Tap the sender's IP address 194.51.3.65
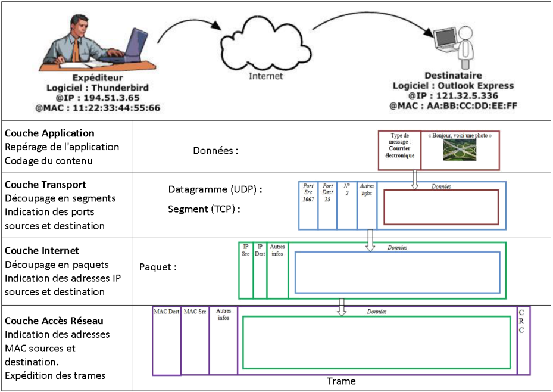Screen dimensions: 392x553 click(x=104, y=98)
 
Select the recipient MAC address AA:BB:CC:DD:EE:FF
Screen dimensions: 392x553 click(x=454, y=105)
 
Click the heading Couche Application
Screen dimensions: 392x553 click(x=49, y=133)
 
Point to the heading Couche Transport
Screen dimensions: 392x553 click(x=45, y=185)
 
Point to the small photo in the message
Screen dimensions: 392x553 click(x=459, y=150)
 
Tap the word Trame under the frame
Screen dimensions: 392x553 click(x=341, y=381)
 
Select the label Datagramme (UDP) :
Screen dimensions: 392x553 click(x=215, y=190)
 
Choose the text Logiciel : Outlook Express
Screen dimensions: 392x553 click(x=454, y=86)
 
